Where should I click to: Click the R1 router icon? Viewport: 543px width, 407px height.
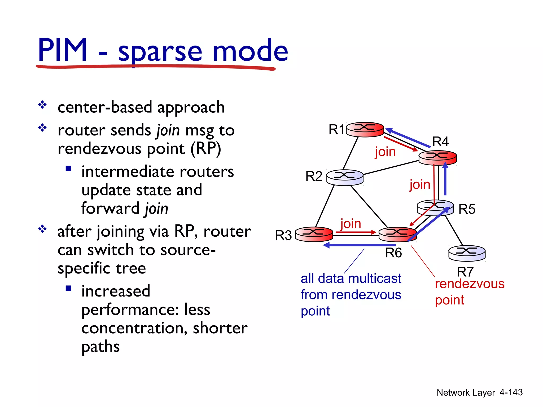pyautogui.click(x=365, y=130)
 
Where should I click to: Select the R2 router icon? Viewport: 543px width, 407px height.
pyautogui.click(x=345, y=177)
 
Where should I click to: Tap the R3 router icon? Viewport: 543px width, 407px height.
pyautogui.click(x=314, y=234)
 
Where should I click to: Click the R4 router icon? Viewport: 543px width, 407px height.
pyautogui.click(x=437, y=158)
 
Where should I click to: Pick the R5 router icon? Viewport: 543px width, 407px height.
pyautogui.click(x=435, y=207)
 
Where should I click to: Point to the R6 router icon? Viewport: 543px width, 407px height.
pyautogui.click(x=397, y=234)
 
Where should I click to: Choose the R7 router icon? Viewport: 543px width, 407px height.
pyautogui.click(x=467, y=253)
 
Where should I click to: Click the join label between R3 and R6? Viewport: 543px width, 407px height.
pyautogui.click(x=351, y=224)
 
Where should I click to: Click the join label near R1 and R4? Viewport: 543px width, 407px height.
pyautogui.click(x=385, y=152)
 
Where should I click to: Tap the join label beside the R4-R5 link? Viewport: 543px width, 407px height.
pyautogui.click(x=420, y=184)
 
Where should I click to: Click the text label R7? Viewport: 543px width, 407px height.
pyautogui.click(x=465, y=272)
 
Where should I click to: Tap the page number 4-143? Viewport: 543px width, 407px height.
pyautogui.click(x=511, y=392)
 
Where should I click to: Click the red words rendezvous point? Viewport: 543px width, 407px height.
pyautogui.click(x=469, y=291)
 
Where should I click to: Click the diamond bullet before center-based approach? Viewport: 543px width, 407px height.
pyautogui.click(x=42, y=105)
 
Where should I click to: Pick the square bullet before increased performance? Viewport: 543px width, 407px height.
pyautogui.click(x=68, y=288)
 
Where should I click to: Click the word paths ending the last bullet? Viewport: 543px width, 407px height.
pyautogui.click(x=100, y=347)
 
